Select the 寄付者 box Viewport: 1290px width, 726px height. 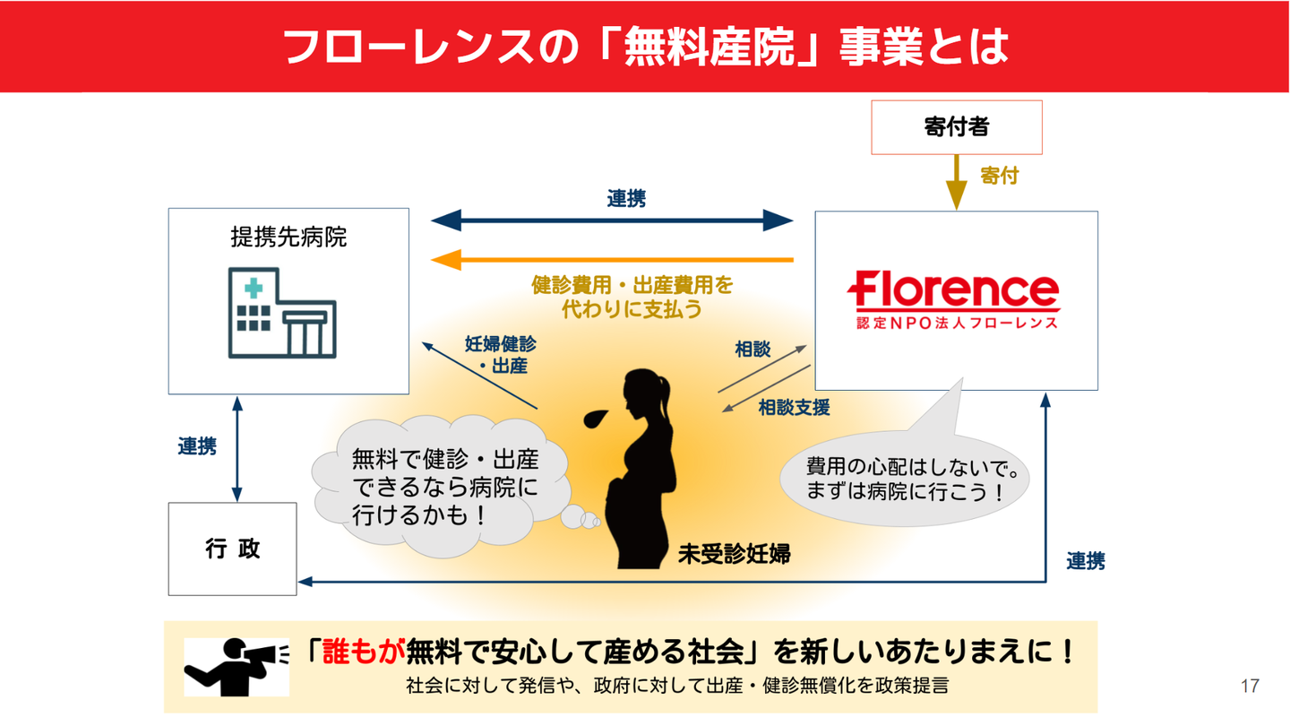[956, 127]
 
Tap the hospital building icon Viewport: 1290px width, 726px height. [282, 313]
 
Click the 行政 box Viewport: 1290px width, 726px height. [232, 549]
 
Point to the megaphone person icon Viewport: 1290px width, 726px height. [236, 666]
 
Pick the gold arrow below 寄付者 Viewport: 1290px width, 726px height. [957, 183]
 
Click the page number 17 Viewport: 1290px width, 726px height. [1250, 686]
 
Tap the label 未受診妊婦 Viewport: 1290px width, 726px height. [734, 553]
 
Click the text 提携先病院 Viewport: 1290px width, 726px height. [288, 238]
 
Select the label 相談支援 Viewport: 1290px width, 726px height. [794, 408]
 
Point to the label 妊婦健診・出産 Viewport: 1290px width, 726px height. [501, 355]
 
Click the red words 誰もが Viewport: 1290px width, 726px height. [364, 652]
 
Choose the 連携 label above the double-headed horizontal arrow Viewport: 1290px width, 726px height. [626, 199]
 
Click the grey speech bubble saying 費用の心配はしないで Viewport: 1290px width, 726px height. [905, 480]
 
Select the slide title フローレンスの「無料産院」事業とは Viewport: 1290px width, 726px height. [645, 46]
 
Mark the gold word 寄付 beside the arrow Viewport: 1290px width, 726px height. [999, 176]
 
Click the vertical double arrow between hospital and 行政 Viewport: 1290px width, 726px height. [236, 448]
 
